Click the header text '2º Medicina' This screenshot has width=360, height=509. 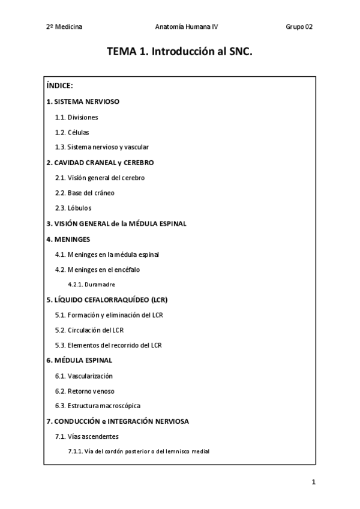pos(64,27)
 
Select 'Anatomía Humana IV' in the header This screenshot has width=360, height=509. pos(182,27)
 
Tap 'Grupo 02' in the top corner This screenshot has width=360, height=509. pos(299,27)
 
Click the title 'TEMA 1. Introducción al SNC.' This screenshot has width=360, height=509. pos(180,52)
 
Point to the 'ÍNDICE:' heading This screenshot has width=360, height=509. pos(59,86)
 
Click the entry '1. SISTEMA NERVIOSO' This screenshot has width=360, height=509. pos(83,101)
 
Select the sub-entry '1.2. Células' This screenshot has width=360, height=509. pos(72,132)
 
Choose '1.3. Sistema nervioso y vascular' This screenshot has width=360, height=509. pos(101,147)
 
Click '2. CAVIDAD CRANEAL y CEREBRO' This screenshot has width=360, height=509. pos(100,163)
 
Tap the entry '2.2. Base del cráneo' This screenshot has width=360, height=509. pos(85,193)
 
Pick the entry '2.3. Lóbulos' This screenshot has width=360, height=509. pos(73,208)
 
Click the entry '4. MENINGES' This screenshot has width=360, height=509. pos(67,239)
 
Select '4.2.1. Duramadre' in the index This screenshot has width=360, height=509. pos(91,285)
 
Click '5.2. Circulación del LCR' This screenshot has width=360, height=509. pos(89,330)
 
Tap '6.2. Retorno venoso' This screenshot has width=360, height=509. pos(85,391)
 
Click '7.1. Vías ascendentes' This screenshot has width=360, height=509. pos(86,436)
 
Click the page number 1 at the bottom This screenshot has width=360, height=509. pos(313,482)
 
